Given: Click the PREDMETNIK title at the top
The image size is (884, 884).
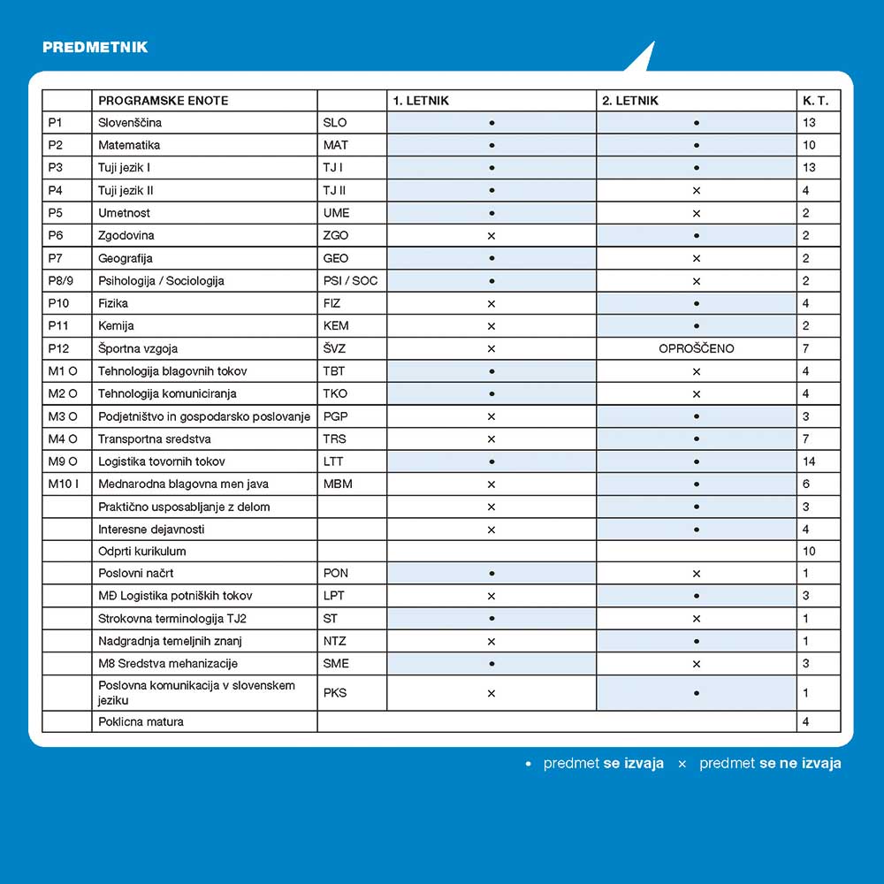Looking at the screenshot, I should pos(95,47).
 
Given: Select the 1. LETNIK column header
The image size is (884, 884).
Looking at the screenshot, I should pos(421,101).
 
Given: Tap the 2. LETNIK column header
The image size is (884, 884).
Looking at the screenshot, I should pos(630,101).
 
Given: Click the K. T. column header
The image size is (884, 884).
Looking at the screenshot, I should pos(815,101).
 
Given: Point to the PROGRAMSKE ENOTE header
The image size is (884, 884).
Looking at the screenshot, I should pos(163,101).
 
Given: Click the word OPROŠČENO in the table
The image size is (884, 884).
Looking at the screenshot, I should pos(697,348).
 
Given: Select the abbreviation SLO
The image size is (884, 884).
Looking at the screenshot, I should pos(335,123).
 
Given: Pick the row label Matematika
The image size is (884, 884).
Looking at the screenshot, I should pos(129,145).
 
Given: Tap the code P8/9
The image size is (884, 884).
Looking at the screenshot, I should pos(63,281).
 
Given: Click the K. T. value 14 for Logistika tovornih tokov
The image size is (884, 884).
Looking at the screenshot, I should pos(810,461).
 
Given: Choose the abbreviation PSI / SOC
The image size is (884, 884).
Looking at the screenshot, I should pos(350,281).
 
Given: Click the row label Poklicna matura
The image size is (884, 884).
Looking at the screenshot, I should pos(141,721).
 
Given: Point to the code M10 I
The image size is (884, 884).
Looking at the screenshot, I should pos(64,484).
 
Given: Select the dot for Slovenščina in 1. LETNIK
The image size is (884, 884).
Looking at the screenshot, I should pos(492,123).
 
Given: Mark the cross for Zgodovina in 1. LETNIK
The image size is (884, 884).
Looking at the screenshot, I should pos(492,236).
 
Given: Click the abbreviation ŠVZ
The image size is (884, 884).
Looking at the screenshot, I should pos(335,348).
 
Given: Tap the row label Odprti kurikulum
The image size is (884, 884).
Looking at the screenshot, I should pos(142,551).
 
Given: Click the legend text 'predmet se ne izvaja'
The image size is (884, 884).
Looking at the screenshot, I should pos(769,763).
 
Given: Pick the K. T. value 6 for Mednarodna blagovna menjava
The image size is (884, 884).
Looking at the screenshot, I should pos(806,484).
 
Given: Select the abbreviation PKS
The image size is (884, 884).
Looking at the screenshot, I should pos(335,693).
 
